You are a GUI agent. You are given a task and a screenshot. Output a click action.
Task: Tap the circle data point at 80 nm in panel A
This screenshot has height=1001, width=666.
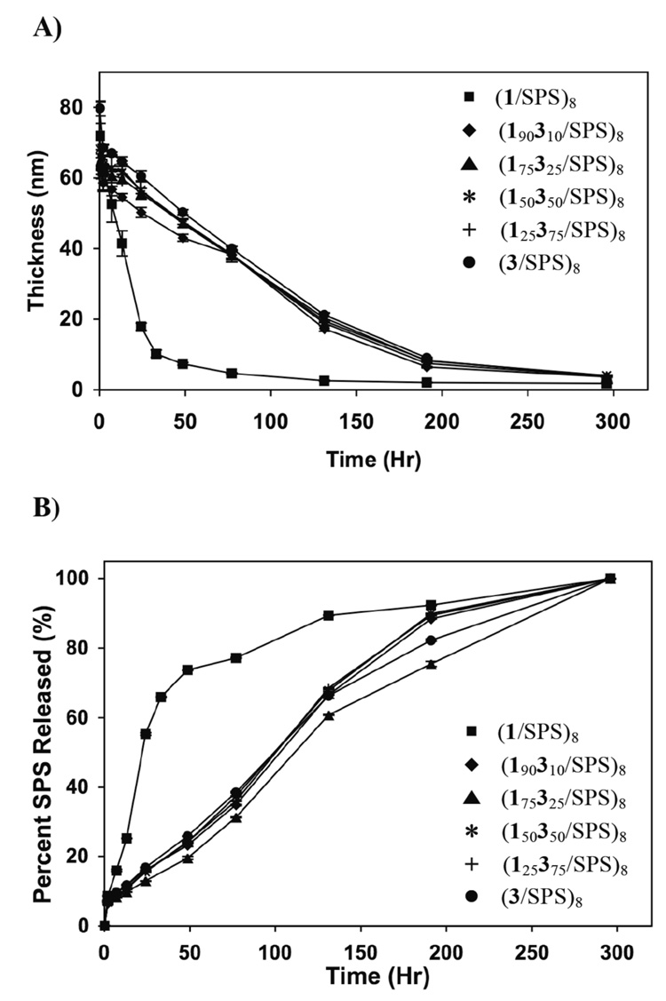pyautogui.click(x=100, y=107)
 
